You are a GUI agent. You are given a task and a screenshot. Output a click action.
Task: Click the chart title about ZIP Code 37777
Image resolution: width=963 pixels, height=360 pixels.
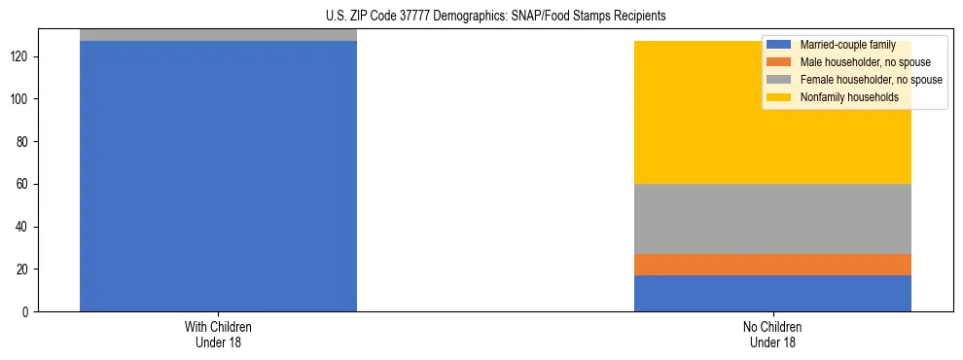pyautogui.click(x=495, y=17)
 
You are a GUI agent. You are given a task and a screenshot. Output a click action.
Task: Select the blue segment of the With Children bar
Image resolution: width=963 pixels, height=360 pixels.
pyautogui.click(x=218, y=175)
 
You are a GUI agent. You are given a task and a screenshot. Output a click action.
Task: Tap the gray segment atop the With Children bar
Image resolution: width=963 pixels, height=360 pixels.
pyautogui.click(x=218, y=35)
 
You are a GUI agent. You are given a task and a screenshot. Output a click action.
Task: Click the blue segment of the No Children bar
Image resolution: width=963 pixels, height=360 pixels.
pyautogui.click(x=772, y=293)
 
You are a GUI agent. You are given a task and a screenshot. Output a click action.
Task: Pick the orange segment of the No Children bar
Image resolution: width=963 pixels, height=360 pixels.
pyautogui.click(x=772, y=265)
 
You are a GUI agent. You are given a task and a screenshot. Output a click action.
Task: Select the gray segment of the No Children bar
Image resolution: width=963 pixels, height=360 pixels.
pyautogui.click(x=772, y=219)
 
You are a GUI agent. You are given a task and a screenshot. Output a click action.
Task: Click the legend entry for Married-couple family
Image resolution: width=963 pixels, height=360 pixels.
pyautogui.click(x=845, y=45)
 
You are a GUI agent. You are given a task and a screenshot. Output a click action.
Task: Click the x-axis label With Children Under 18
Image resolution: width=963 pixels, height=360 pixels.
pyautogui.click(x=218, y=334)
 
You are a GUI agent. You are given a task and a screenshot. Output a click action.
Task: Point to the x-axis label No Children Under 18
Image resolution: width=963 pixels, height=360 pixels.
pyautogui.click(x=772, y=334)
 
